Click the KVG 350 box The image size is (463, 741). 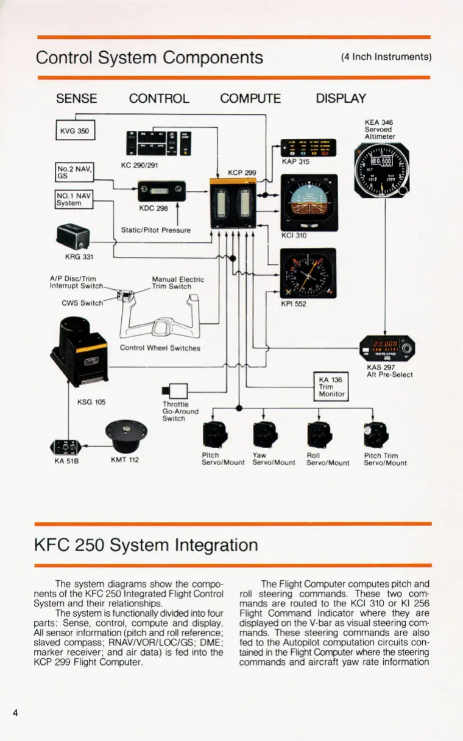(x=75, y=131)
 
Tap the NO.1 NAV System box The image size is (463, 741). (x=74, y=199)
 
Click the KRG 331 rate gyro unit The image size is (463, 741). (x=72, y=235)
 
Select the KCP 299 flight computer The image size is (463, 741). (x=232, y=200)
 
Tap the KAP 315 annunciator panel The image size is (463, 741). (x=312, y=149)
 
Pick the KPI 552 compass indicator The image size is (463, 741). (x=308, y=273)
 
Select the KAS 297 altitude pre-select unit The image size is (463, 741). (x=386, y=349)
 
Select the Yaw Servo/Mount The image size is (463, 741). (x=264, y=434)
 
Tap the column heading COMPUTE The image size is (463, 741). (x=250, y=99)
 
